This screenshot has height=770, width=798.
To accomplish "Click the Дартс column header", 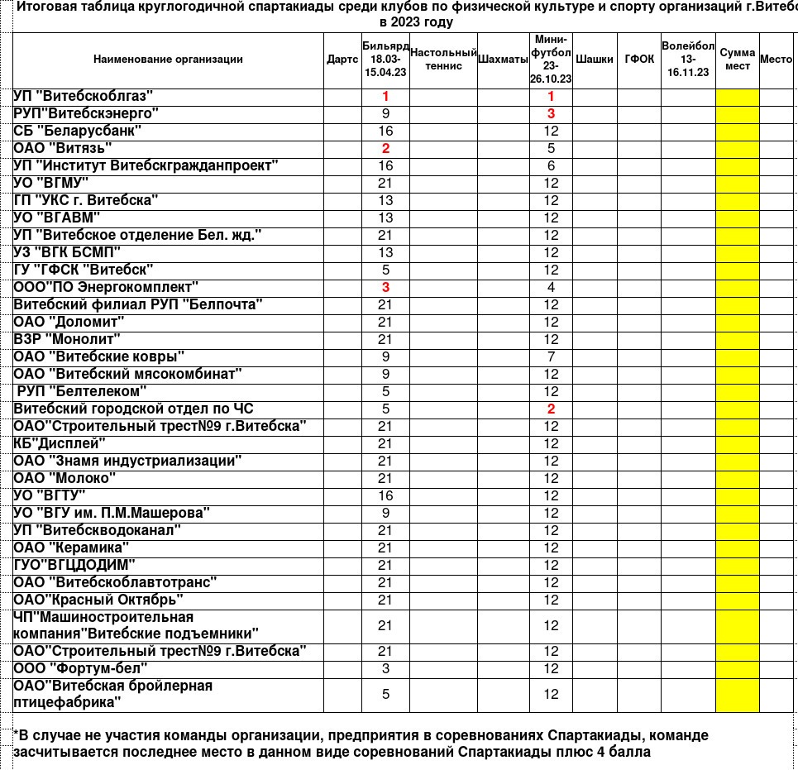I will click(342, 60).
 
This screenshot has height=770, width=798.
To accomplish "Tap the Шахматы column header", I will click(504, 60).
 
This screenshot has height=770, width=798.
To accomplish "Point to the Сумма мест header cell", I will click(738, 60).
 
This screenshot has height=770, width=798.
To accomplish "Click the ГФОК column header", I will click(639, 60).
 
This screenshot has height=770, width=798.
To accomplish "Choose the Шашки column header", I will click(595, 60).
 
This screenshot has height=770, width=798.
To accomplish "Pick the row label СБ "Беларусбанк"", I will click(78, 131).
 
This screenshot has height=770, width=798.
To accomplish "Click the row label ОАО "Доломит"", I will click(69, 322).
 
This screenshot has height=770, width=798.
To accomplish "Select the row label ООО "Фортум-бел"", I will click(81, 668).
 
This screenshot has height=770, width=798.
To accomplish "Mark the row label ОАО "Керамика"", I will click(72, 548).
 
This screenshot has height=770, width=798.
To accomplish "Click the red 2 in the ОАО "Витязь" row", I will click(385, 149).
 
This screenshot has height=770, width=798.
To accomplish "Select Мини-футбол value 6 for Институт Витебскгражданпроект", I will click(552, 166).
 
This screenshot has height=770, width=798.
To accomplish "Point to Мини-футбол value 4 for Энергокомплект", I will click(552, 288).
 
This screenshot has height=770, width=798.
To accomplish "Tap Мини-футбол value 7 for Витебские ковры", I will click(552, 357).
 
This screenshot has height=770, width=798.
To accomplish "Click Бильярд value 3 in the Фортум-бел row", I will click(385, 668).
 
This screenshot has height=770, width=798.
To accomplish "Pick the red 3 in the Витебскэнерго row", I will click(552, 114).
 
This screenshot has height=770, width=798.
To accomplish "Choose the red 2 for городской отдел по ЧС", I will click(552, 409).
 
